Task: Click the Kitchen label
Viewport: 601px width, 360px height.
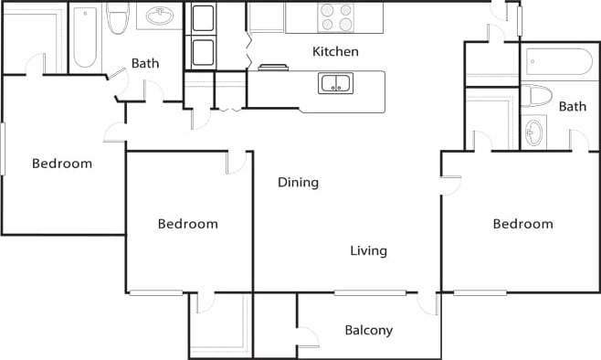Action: coord(335,51)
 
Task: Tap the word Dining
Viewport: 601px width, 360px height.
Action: coord(298,182)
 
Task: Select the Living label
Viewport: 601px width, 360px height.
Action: coord(368,250)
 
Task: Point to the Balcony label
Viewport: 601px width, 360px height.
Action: coord(368,330)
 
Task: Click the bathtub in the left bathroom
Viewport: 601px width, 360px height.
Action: coord(84,37)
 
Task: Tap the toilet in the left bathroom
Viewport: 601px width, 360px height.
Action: coord(116,18)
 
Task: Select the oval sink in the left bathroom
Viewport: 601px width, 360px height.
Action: coord(161,16)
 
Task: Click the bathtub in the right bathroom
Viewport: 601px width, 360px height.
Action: coord(556,62)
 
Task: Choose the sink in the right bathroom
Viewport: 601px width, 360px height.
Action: coord(534,134)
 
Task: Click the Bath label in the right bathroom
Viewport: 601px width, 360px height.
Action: coord(573,107)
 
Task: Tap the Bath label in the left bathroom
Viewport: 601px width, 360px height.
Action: coord(145,63)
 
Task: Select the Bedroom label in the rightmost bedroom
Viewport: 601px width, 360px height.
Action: coord(522,224)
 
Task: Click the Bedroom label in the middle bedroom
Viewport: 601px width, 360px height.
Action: coord(187,224)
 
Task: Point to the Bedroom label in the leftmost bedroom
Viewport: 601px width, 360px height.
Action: coord(62,164)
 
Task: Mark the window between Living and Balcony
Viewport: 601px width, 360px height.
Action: coord(369,292)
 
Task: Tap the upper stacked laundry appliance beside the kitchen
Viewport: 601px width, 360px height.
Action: coord(202,17)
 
